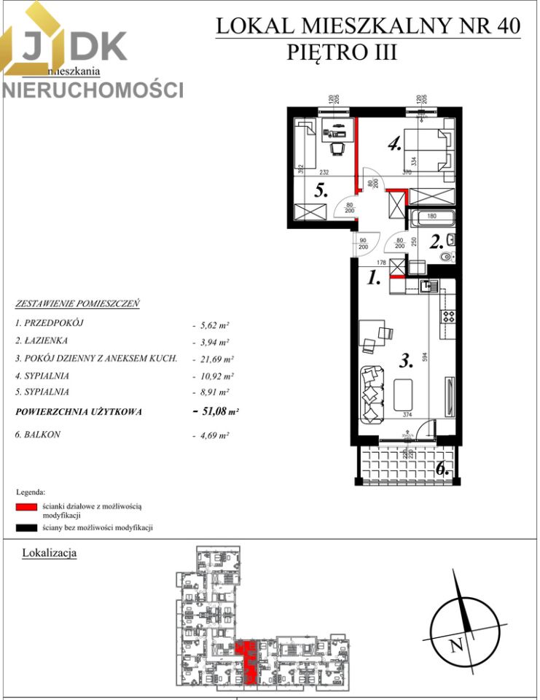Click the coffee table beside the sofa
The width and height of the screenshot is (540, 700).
tap(402, 394)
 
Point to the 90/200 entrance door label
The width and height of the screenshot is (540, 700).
tap(362, 244)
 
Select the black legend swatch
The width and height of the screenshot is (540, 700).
tap(27, 526)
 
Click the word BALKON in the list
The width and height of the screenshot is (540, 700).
tap(41, 435)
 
